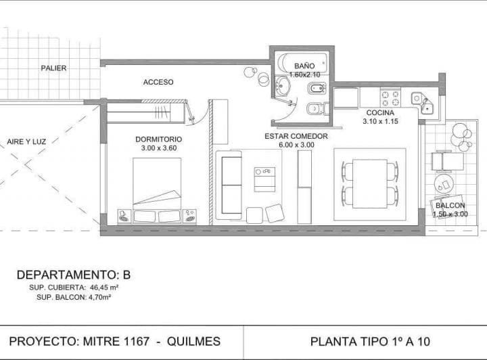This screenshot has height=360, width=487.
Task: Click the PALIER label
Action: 53,68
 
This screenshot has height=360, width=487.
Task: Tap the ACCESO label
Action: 158,82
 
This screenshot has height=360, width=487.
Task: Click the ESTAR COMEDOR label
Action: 296,136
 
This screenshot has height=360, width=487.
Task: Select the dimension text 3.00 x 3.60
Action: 158,148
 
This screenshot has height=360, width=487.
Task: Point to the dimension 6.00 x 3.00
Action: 296,145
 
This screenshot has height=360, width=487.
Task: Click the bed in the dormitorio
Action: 157,186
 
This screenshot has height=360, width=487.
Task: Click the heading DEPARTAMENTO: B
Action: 73,275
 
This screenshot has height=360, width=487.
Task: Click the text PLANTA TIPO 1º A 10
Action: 369,342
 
